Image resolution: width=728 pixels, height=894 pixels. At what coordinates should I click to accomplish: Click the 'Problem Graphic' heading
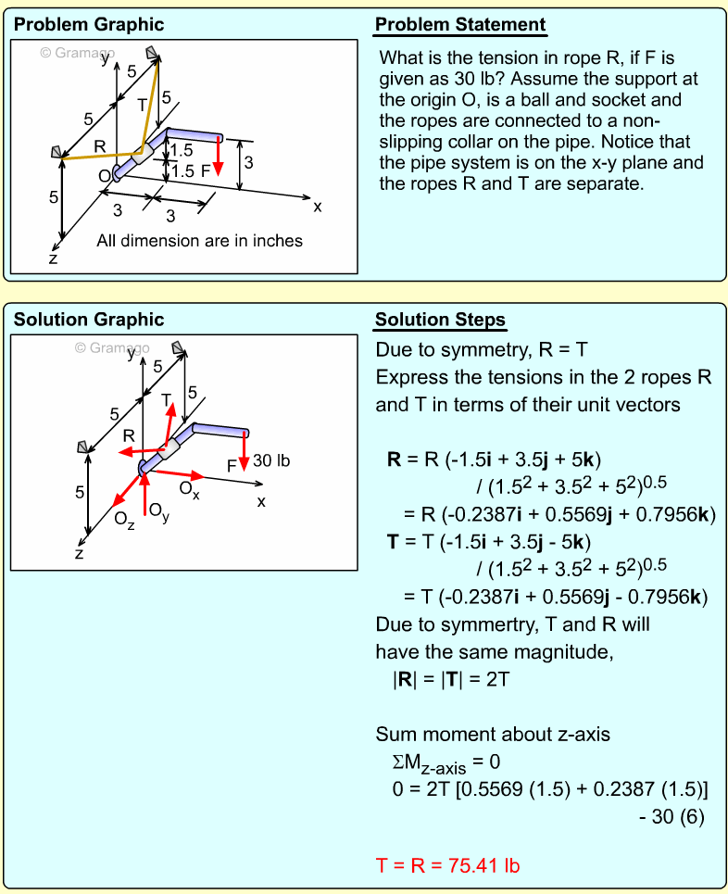[89, 25]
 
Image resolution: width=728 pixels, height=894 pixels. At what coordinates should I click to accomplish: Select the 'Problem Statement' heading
[460, 25]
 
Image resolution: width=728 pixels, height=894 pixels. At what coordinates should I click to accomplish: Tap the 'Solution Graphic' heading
[89, 320]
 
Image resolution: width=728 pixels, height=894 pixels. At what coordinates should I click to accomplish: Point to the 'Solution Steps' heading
[440, 321]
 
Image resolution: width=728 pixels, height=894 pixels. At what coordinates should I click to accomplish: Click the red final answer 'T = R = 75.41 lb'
[447, 865]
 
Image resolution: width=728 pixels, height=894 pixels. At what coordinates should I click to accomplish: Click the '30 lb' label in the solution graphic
[271, 460]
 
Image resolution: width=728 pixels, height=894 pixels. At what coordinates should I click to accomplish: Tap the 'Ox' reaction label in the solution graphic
[189, 488]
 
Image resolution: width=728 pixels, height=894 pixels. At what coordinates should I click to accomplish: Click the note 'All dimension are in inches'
[199, 241]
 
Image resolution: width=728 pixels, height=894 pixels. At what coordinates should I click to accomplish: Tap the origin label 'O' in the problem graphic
[104, 175]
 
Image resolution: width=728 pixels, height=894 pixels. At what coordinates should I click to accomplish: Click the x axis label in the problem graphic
[318, 207]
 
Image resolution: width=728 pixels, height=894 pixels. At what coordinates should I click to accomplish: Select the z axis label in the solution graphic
[80, 554]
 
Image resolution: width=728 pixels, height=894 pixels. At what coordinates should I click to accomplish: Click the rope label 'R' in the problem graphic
[99, 146]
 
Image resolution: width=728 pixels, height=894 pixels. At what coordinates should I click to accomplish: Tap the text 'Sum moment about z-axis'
[493, 735]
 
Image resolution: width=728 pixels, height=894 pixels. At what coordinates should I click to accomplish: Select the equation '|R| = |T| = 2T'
[451, 679]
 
